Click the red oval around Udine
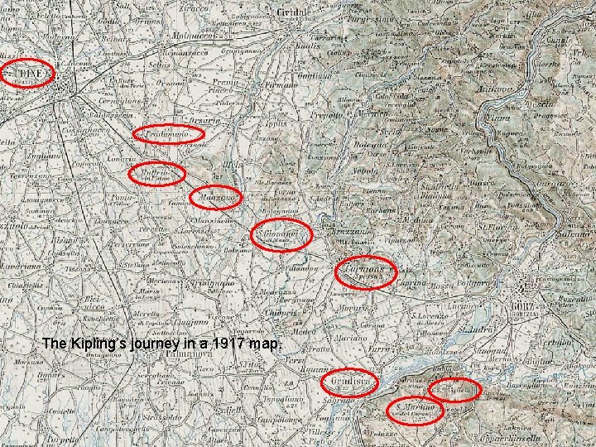(x=27, y=74)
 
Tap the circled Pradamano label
(x=169, y=133)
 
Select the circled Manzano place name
(x=217, y=198)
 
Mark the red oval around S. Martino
(x=416, y=410)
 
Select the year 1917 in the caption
(x=230, y=343)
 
